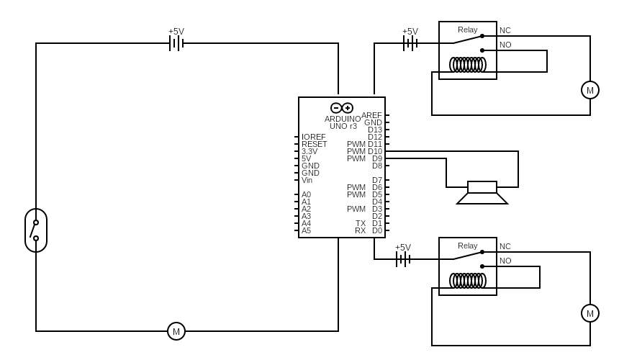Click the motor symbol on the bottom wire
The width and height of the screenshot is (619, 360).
[x=176, y=331]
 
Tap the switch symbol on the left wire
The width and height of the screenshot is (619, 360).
[x=36, y=230]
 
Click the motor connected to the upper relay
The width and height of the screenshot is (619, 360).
[x=590, y=90]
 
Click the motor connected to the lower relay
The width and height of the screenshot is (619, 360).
[x=590, y=313]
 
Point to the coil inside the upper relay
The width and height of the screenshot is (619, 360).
[x=468, y=65]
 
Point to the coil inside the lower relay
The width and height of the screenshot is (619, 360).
[x=468, y=281]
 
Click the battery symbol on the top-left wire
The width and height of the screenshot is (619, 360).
[x=176, y=43]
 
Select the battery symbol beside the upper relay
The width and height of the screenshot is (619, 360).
[x=410, y=43]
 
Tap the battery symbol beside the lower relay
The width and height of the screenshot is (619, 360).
[x=403, y=259]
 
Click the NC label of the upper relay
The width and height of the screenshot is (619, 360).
[x=505, y=30]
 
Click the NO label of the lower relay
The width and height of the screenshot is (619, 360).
[x=505, y=261]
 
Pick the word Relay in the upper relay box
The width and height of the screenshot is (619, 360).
[x=468, y=30]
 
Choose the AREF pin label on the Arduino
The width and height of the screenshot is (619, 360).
[x=371, y=115]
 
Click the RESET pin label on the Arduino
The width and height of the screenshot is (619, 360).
[x=314, y=144]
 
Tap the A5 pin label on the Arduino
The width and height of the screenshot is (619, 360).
[x=306, y=230]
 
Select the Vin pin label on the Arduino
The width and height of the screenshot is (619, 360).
[x=307, y=180]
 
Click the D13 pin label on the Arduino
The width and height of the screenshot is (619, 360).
[x=375, y=130]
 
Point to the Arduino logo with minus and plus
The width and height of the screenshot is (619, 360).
[x=342, y=108]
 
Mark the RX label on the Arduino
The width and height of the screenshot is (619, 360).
[x=360, y=230]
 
